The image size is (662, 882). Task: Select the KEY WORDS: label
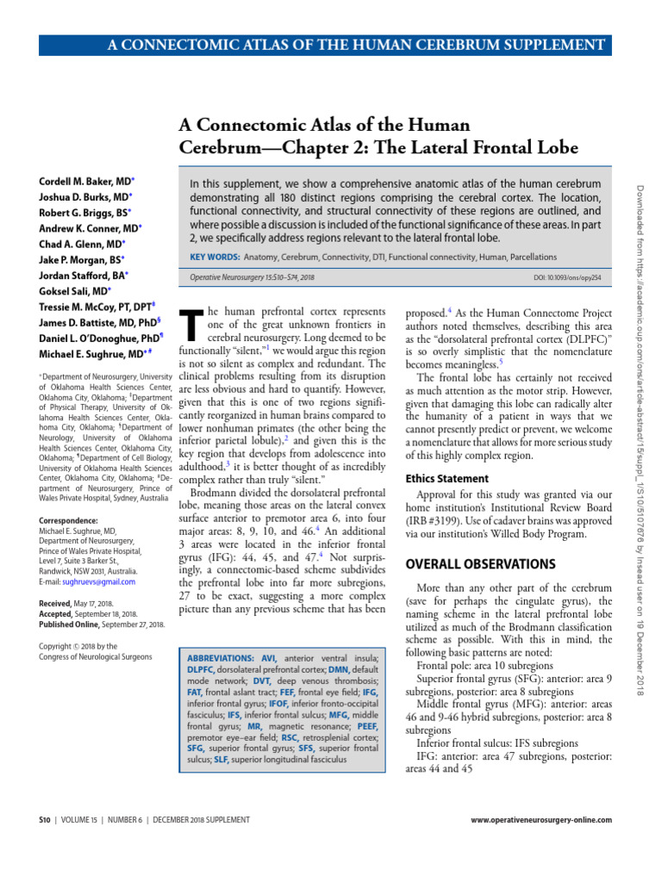pos(214,258)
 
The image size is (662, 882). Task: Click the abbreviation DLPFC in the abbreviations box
pos(200,668)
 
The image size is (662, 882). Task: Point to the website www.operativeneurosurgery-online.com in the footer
pos(541,819)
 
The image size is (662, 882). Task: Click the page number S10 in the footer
pos(47,819)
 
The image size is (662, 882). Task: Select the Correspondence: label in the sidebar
pos(68,520)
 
